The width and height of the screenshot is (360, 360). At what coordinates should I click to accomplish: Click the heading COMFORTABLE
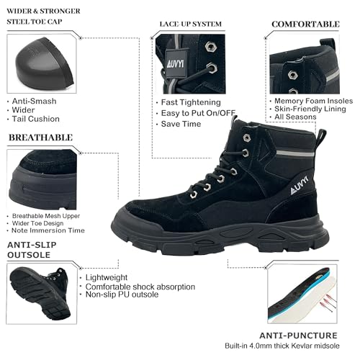click(x=305, y=24)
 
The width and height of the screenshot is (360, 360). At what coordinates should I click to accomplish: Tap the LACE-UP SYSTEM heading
click(x=190, y=24)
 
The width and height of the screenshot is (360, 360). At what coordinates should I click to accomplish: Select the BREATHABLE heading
click(x=40, y=137)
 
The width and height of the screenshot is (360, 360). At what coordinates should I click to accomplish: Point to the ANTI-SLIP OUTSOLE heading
click(x=34, y=248)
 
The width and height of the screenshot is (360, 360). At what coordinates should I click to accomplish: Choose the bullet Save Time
click(x=181, y=124)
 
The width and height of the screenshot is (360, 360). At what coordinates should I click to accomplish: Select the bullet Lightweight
click(x=107, y=277)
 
